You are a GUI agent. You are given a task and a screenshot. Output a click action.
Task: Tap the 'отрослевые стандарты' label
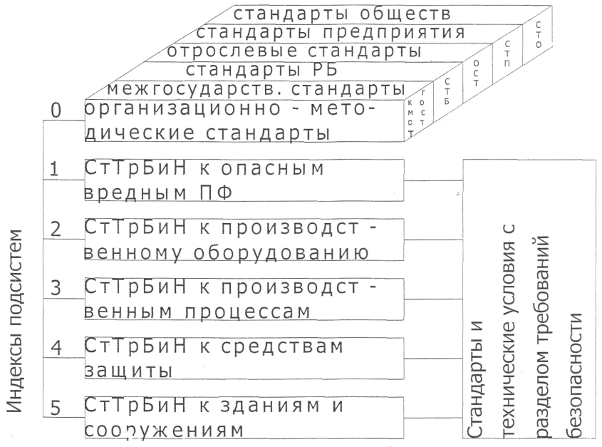tap(293, 51)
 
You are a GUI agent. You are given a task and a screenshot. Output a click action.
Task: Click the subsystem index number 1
tap(55, 172)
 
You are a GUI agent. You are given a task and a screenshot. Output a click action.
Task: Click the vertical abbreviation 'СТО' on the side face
tap(539, 33)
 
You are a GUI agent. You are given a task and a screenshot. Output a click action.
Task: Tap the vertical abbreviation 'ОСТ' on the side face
tap(477, 72)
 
